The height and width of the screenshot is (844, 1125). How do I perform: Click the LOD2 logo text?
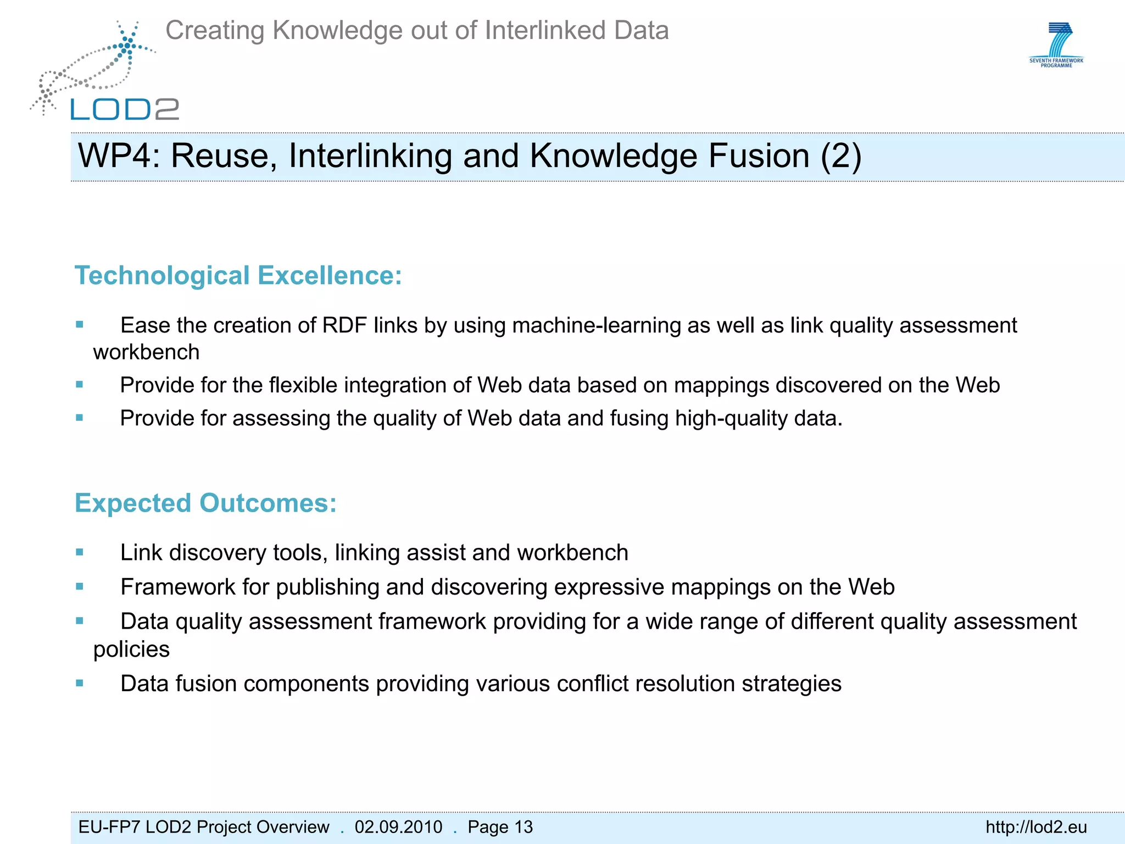(x=125, y=109)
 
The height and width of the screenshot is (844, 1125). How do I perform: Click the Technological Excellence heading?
(x=238, y=276)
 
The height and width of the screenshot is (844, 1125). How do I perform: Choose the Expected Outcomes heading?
(x=205, y=503)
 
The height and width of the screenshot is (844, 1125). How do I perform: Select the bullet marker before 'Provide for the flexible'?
(x=80, y=385)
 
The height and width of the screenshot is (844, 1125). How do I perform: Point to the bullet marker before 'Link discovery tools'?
(x=80, y=552)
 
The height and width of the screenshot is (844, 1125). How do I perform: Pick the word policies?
(x=131, y=649)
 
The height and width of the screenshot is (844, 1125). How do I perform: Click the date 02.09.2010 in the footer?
(x=398, y=827)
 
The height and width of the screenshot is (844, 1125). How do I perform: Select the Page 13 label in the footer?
(x=500, y=827)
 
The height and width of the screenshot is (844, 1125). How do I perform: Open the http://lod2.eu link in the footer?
(x=1036, y=827)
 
